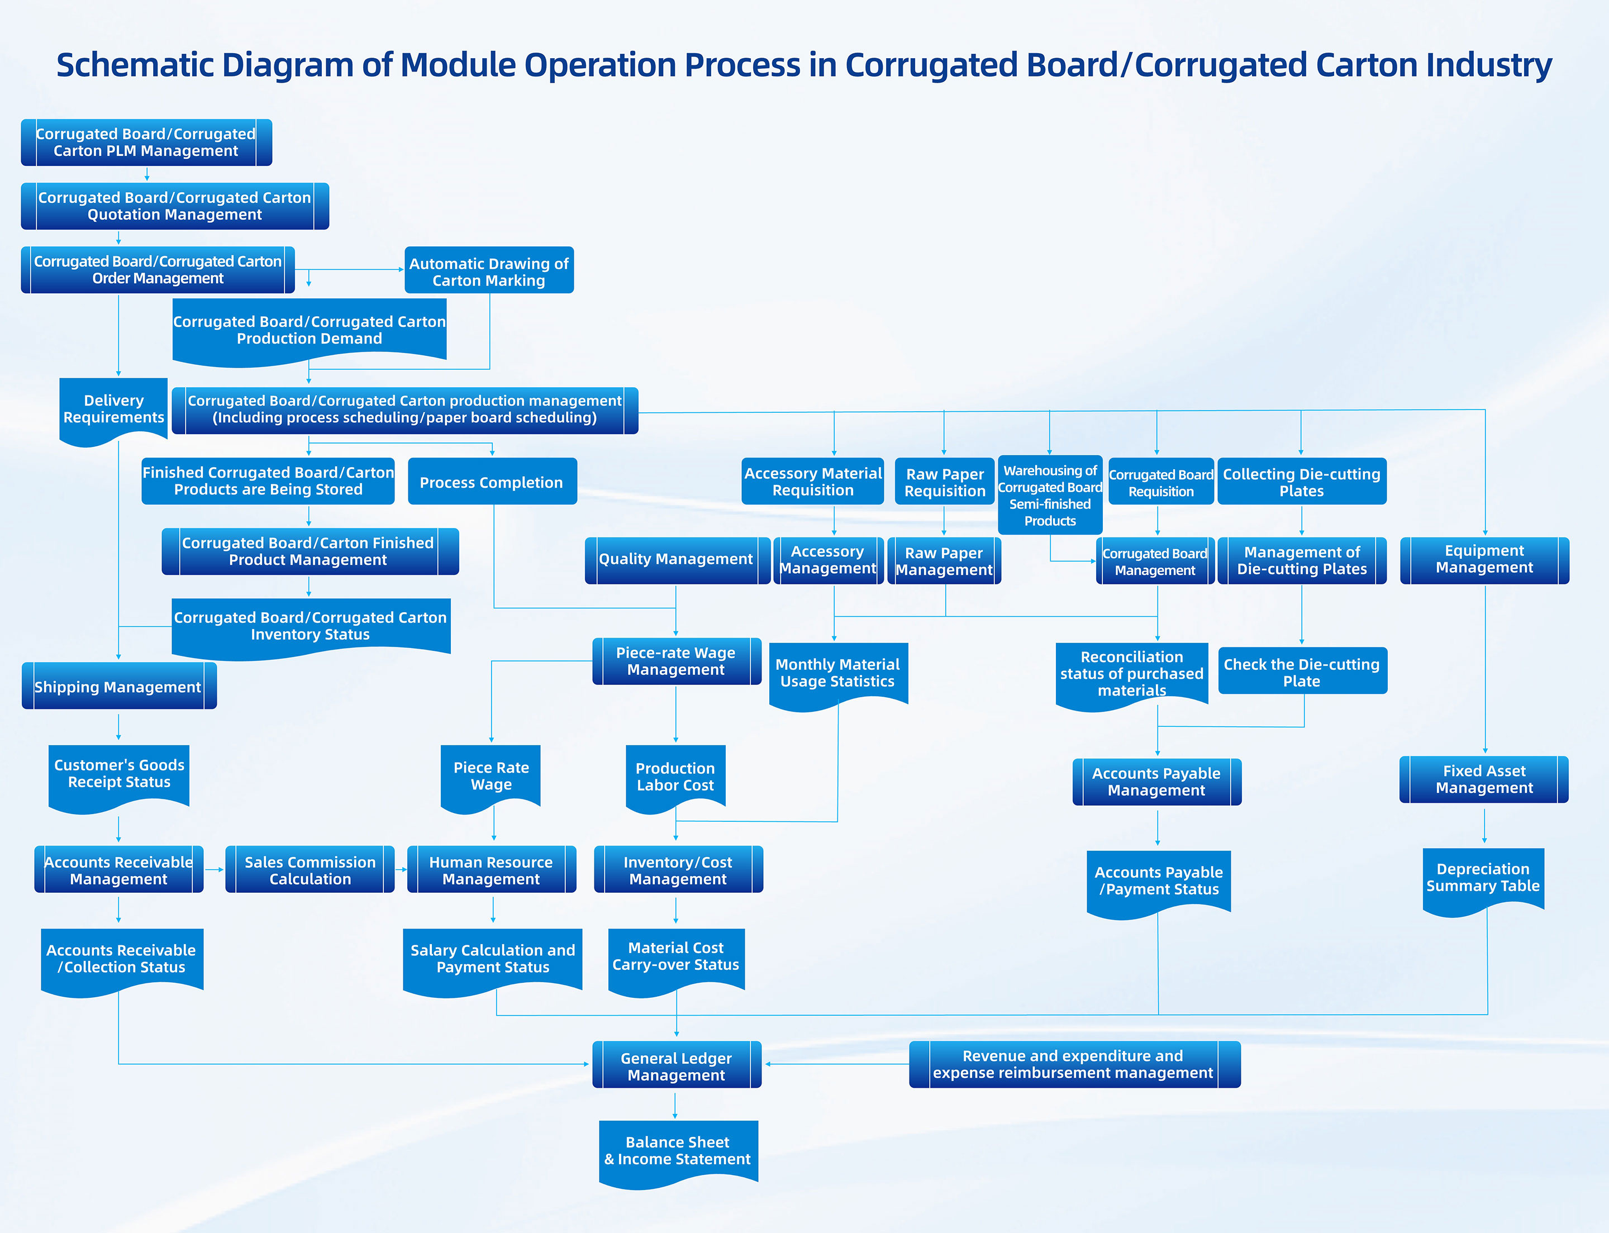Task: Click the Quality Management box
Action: [676, 560]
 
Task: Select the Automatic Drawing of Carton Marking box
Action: [489, 271]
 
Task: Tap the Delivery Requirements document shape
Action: [114, 410]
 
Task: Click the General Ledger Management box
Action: [676, 1065]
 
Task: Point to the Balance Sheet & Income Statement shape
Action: [678, 1151]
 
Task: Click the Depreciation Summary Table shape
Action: [1483, 878]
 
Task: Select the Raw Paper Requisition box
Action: [945, 482]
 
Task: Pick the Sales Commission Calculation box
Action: [310, 870]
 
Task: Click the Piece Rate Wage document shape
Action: [491, 776]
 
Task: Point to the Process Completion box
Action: [492, 482]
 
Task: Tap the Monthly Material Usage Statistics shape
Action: [837, 673]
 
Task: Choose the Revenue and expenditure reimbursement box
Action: [1073, 1064]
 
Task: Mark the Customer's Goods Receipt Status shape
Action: [119, 774]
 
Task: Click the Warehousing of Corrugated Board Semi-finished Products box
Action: [1050, 496]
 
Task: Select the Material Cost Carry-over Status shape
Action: [676, 957]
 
